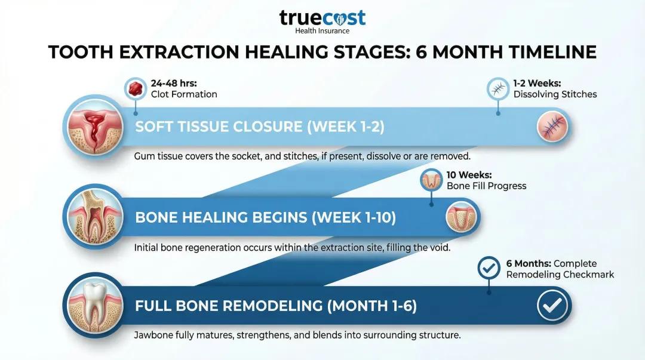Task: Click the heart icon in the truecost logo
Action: [x=340, y=19]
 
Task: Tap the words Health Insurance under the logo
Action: [x=322, y=31]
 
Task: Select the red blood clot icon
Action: [x=136, y=88]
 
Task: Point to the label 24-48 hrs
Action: [x=174, y=83]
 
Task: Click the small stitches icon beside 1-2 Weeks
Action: [x=498, y=88]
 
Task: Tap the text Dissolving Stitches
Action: [x=555, y=94]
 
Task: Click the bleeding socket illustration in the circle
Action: [x=95, y=127]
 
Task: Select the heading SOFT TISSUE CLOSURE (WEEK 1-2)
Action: [x=260, y=127]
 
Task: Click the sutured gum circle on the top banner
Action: [x=552, y=127]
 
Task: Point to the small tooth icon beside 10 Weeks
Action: [x=431, y=180]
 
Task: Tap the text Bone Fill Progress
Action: [x=486, y=186]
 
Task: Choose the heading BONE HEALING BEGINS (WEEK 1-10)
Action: [x=265, y=217]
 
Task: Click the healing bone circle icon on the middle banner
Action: [x=461, y=217]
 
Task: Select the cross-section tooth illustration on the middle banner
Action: [x=95, y=217]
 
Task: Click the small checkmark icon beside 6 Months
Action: [x=489, y=268]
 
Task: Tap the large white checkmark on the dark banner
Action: [x=552, y=305]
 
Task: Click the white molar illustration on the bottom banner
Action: [x=95, y=306]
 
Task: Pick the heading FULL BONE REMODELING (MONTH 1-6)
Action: [x=275, y=306]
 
